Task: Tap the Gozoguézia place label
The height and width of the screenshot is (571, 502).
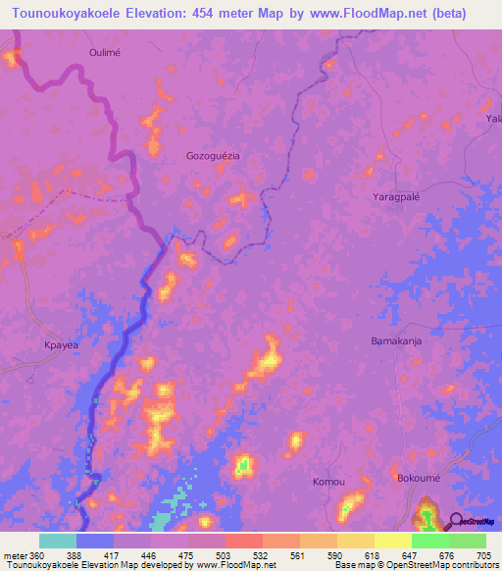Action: (213, 156)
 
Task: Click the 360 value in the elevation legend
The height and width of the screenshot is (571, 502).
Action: (34, 555)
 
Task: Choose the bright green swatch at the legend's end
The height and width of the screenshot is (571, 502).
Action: (468, 541)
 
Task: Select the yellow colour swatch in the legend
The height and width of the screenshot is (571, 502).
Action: (392, 541)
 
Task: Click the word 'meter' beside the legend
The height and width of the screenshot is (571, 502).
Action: (13, 555)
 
